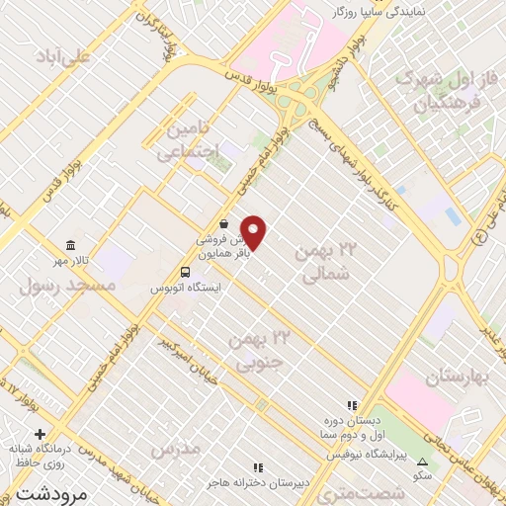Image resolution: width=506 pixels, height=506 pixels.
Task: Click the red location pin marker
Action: click(x=254, y=232)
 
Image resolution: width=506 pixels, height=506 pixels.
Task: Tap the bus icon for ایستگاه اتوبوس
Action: click(x=186, y=272)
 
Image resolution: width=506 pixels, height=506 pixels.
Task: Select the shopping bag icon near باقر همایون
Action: click(x=225, y=224)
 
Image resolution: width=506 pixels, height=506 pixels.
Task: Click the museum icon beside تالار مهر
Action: click(x=69, y=245)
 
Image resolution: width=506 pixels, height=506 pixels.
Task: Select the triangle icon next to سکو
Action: click(x=423, y=462)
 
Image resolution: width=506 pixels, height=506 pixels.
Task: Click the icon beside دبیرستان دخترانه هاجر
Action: click(x=258, y=467)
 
